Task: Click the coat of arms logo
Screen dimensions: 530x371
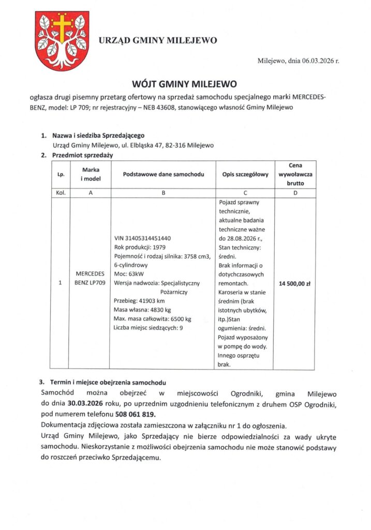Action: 60,35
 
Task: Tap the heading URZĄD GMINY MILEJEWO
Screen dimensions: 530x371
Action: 157,40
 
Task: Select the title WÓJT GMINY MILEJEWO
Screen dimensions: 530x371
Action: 185,83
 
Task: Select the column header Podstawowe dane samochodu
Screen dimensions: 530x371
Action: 163,174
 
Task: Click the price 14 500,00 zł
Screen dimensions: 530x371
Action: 294,284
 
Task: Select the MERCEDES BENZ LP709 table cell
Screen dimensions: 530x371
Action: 91,278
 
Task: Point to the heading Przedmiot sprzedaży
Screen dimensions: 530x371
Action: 83,155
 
